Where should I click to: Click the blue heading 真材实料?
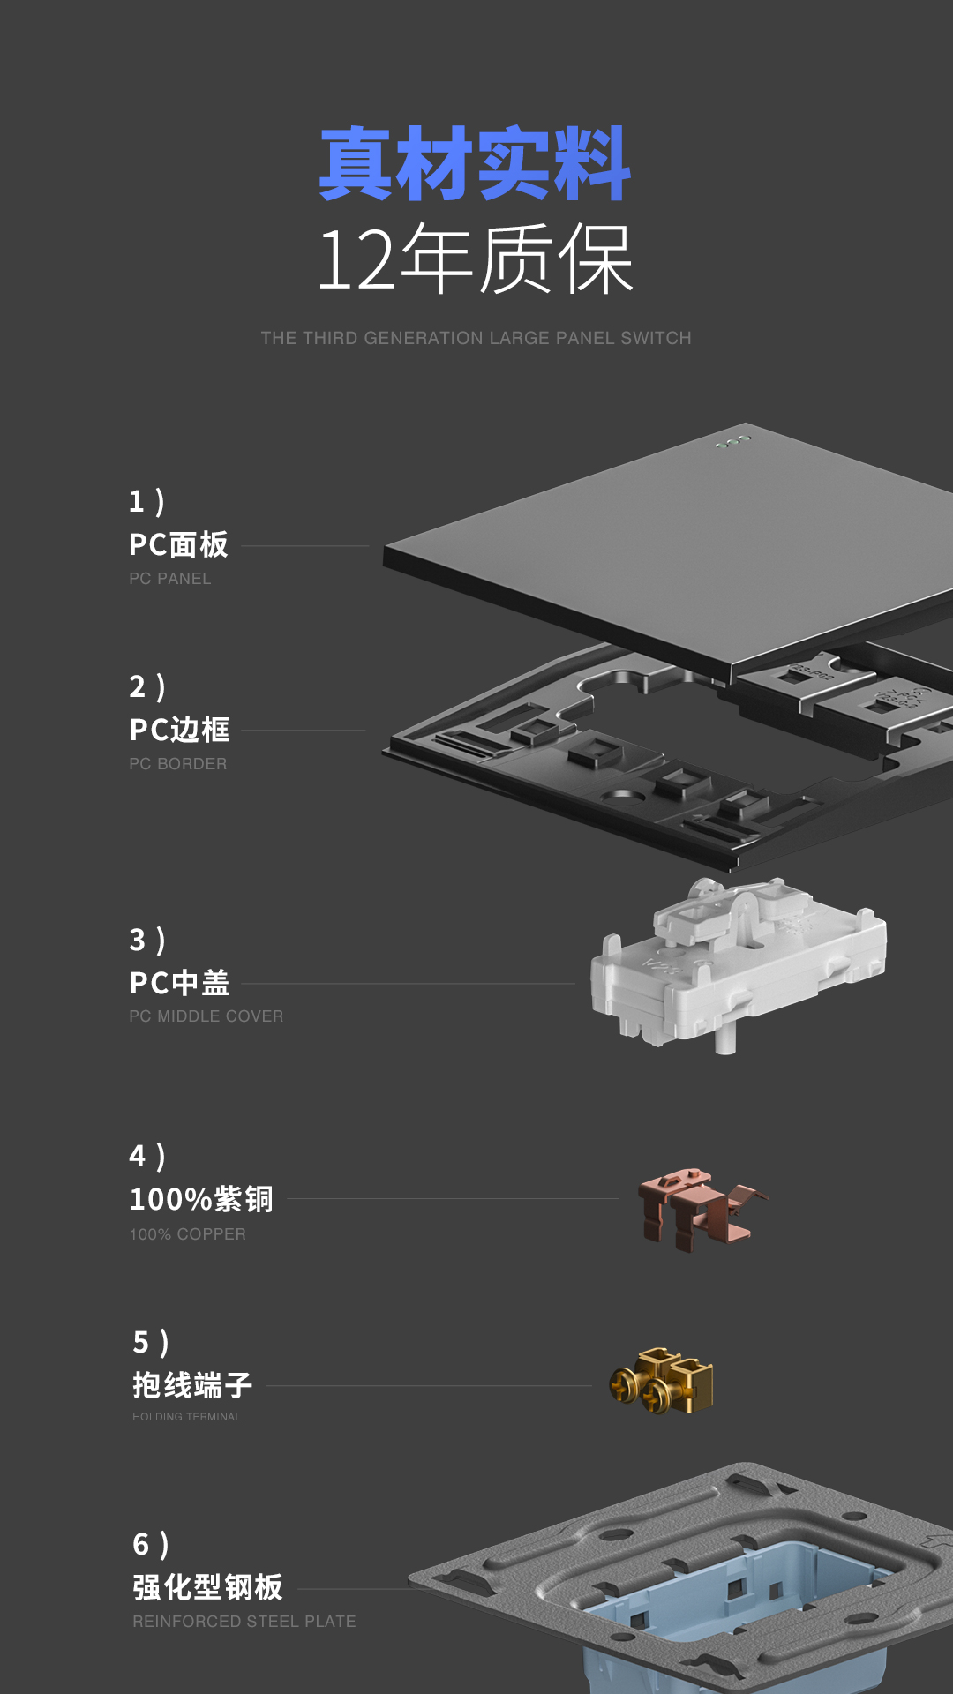[475, 165]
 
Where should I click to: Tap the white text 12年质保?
[475, 259]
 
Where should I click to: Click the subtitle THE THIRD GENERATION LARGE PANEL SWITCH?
[476, 338]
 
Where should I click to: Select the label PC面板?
[178, 544]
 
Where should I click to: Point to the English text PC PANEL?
[170, 579]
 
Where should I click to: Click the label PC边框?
[179, 730]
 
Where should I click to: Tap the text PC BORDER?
[178, 764]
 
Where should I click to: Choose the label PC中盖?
[179, 983]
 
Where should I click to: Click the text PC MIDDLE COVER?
[206, 1016]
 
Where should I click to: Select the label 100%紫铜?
[201, 1199]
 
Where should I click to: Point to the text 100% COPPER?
[188, 1234]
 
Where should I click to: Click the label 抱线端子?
[192, 1385]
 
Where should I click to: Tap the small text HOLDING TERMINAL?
[187, 1417]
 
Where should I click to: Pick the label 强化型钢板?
[207, 1587]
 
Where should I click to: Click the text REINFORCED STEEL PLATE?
[244, 1622]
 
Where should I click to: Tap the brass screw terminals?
[662, 1382]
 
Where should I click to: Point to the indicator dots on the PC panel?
[733, 441]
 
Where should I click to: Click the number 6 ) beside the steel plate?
[150, 1545]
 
